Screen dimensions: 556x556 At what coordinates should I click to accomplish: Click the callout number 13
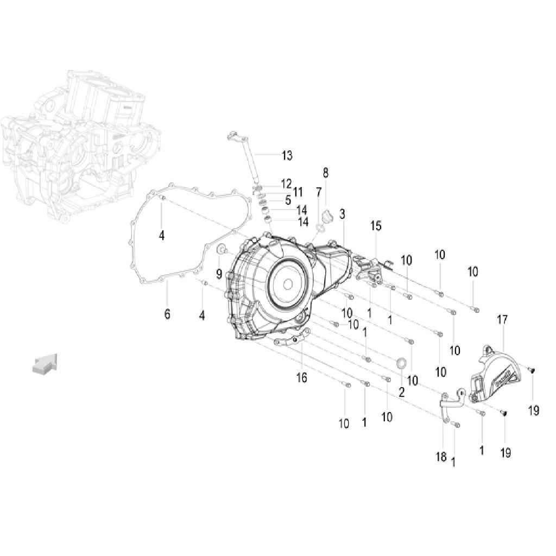point(287,155)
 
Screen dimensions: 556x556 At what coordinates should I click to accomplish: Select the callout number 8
point(326,173)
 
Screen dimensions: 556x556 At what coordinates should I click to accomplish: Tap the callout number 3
point(342,214)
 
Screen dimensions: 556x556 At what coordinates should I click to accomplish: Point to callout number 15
point(376,225)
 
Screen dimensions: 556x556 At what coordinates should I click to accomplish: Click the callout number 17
point(502,319)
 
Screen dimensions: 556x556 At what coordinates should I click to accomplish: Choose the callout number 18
point(441,457)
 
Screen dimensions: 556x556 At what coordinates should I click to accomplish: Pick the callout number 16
point(302,378)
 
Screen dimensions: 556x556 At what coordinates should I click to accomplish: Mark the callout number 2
point(401,392)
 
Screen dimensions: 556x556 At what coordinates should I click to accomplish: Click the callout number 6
point(167,314)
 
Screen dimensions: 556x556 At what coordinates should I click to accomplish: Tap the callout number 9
point(219,274)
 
